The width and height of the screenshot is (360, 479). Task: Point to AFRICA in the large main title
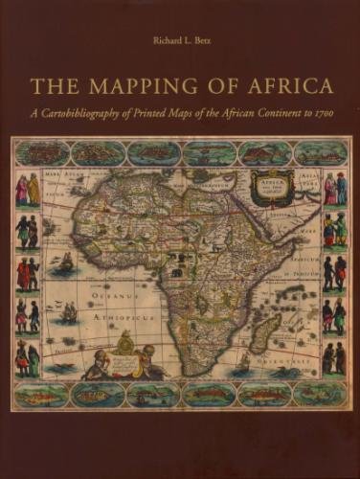click(280, 87)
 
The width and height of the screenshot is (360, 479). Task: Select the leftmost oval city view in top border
click(41, 152)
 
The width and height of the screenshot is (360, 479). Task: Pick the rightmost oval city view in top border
click(320, 152)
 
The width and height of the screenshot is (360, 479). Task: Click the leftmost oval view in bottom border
click(41, 394)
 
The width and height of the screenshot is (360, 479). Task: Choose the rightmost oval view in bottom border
click(319, 394)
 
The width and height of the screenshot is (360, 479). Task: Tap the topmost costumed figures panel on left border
click(27, 190)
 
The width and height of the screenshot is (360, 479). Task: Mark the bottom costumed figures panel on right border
click(333, 357)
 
